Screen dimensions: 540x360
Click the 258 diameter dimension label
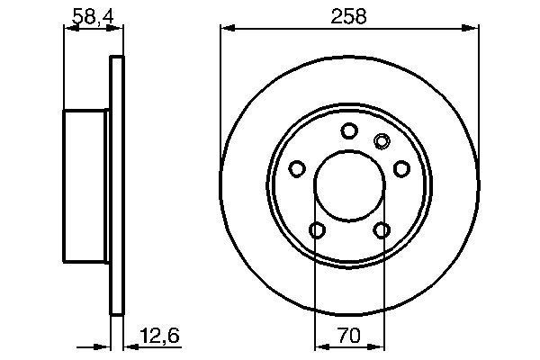[x=348, y=16]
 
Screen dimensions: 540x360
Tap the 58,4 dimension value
[x=93, y=16]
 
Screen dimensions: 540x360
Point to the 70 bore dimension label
[x=349, y=335]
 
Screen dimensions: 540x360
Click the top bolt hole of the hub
[x=349, y=130]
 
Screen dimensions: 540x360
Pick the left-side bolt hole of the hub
[x=297, y=169]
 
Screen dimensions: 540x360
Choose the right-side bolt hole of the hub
[x=401, y=169]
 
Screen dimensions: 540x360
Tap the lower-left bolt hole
[x=317, y=230]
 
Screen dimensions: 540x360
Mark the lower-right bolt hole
[x=382, y=230]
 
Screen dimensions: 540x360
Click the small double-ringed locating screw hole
[x=382, y=141]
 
